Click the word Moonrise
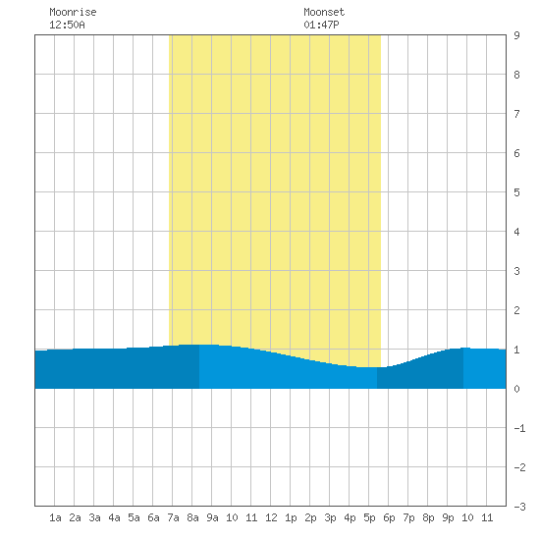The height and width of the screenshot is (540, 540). (73, 12)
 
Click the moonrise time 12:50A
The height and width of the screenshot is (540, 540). (67, 25)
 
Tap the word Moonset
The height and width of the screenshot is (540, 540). (324, 12)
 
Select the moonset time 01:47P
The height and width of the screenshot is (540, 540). (321, 25)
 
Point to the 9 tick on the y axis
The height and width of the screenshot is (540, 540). (516, 35)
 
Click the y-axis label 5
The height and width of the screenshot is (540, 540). (516, 192)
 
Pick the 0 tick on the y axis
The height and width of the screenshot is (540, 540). (516, 389)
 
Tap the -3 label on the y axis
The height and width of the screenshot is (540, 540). (519, 507)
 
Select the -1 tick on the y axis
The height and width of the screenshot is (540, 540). (519, 428)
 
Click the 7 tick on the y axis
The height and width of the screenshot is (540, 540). (516, 114)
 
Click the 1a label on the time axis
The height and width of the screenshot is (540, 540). (55, 517)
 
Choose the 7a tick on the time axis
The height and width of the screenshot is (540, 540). (173, 517)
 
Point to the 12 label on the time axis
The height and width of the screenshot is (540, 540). (271, 517)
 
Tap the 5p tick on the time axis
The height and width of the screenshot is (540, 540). (369, 517)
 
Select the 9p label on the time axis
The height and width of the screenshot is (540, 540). (448, 517)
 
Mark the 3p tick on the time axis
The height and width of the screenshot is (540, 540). (330, 517)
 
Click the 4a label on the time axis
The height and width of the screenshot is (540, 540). (114, 517)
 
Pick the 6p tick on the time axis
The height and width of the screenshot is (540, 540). (389, 517)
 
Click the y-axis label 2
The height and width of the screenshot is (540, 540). (516, 310)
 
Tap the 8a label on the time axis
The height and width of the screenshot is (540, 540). (192, 517)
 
